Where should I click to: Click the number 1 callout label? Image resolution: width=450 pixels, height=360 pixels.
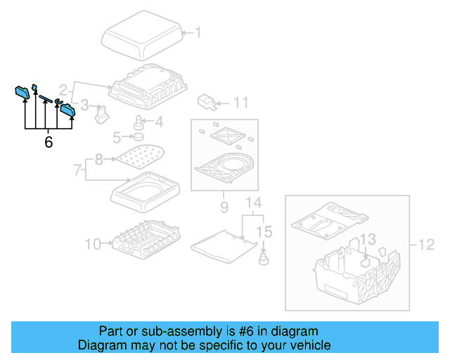click(x=197, y=32)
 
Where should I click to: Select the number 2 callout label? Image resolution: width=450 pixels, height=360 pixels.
click(x=63, y=90)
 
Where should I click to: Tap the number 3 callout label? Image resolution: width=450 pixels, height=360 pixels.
click(x=84, y=105)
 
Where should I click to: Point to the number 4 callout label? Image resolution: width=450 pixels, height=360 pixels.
click(x=159, y=122)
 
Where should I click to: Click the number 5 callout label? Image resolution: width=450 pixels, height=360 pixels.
click(x=117, y=136)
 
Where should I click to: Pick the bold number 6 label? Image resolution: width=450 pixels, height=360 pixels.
click(x=48, y=142)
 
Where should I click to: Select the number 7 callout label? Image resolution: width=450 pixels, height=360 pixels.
click(x=77, y=169)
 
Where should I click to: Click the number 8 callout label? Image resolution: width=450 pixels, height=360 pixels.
click(x=98, y=160)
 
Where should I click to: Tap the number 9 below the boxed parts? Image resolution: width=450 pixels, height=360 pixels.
click(x=224, y=207)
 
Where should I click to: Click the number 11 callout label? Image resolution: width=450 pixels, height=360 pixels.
click(x=240, y=103)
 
